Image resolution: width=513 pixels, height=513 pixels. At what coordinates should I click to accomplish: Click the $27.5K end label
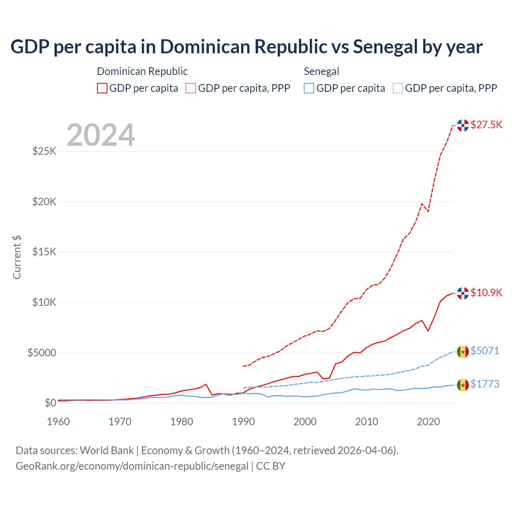point(486,125)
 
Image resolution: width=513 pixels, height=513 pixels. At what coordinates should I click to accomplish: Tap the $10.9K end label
point(486,293)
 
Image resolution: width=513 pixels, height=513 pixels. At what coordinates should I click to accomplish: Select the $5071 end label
point(485,351)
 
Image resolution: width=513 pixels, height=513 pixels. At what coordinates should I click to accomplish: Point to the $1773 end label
point(485,384)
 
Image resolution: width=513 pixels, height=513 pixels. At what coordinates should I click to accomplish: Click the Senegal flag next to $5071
point(463,352)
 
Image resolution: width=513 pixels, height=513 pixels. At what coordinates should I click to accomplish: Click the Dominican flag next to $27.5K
point(463,125)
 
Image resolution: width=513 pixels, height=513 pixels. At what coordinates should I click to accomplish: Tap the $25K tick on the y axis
point(44,151)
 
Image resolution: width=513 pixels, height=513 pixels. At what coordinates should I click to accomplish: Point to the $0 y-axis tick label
point(50,403)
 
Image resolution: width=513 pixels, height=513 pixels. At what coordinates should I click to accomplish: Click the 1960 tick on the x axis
point(59,422)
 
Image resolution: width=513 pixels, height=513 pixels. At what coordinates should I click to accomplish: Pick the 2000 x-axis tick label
point(305,422)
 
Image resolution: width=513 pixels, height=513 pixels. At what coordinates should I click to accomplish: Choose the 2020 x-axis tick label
point(428,422)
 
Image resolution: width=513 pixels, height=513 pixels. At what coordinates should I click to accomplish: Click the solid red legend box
point(102,88)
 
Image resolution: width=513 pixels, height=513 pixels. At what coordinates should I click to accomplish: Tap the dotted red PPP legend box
point(191,88)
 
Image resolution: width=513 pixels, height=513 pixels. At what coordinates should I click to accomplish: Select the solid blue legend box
point(309,88)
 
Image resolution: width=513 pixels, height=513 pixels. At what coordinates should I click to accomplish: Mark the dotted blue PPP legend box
point(398,88)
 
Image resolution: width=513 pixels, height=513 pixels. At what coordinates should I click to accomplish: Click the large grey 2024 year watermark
point(101,135)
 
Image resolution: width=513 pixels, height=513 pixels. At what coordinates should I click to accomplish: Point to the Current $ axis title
point(17,257)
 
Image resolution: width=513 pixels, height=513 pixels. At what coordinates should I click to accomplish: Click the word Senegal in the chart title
point(385,47)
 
